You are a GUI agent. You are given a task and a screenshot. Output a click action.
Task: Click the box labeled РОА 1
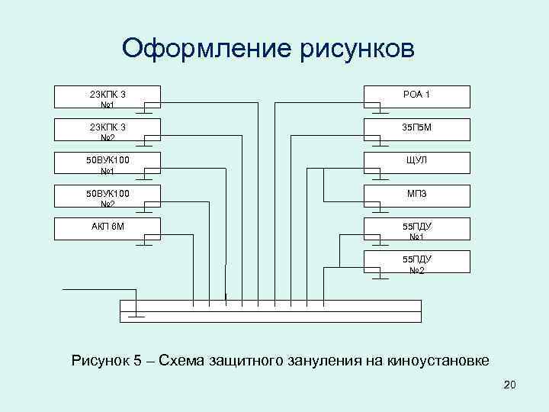416,96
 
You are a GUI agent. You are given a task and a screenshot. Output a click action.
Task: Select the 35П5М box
416,129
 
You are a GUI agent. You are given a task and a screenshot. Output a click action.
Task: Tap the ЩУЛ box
416,162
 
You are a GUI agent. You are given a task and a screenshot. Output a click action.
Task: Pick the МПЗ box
416,195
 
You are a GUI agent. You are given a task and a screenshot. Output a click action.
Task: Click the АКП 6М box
108,227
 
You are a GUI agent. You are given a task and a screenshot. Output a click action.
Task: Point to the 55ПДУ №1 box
416,229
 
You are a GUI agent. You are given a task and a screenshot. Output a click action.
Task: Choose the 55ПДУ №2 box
416,263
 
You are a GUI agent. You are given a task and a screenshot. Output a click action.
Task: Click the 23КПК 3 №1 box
108,96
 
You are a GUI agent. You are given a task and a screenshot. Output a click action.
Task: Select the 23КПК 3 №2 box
108,129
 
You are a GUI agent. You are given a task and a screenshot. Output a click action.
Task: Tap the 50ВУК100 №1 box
108,162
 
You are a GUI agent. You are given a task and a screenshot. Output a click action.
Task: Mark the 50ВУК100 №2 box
108,195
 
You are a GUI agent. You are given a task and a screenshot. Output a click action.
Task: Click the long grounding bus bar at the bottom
271,311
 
